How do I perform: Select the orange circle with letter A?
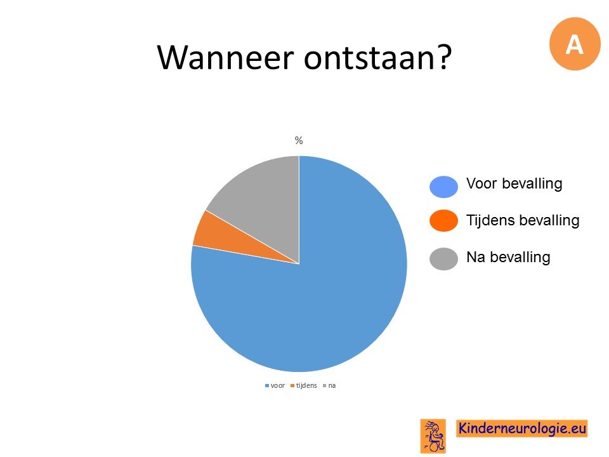(x=575, y=44)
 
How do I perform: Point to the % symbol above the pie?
(x=299, y=140)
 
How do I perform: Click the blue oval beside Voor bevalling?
(x=443, y=187)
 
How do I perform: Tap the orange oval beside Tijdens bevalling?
(x=443, y=221)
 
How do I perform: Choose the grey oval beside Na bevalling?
(x=443, y=259)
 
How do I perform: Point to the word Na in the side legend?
(x=476, y=257)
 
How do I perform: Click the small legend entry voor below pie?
(x=275, y=385)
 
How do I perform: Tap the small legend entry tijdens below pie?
(x=304, y=385)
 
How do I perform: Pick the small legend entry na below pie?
(x=329, y=385)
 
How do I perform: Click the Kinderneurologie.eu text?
(x=522, y=428)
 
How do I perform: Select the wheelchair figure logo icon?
(x=433, y=436)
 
